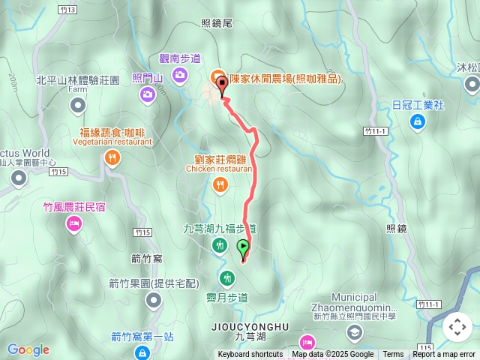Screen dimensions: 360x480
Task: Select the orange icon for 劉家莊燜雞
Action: tap(219, 184)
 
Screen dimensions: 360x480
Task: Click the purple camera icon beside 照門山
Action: tap(147, 94)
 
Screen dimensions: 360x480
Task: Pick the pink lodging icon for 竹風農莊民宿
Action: tap(73, 223)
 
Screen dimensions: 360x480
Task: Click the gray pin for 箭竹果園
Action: tap(154, 300)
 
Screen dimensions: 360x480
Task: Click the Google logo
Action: tap(28, 349)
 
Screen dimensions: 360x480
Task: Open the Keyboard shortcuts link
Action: tap(250, 355)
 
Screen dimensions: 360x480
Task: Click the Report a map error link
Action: tap(444, 355)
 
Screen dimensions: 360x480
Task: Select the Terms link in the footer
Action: tap(393, 355)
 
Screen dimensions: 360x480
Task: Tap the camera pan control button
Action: tap(457, 327)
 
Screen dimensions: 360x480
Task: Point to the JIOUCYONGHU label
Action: tap(250, 327)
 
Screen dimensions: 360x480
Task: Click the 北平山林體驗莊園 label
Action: tap(78, 79)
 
